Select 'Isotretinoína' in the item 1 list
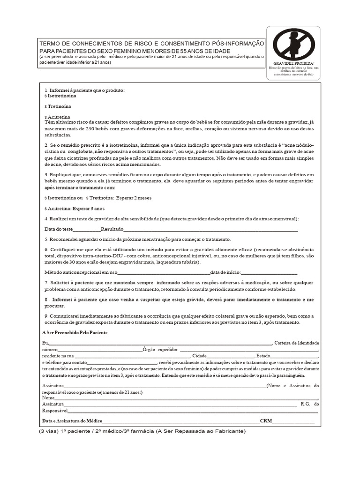(61, 95)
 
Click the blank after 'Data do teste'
(87, 229)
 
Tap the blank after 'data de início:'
(269, 272)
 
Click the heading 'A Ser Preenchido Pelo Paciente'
(75, 332)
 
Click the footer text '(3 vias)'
(48, 431)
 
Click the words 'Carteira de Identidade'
(296, 343)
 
